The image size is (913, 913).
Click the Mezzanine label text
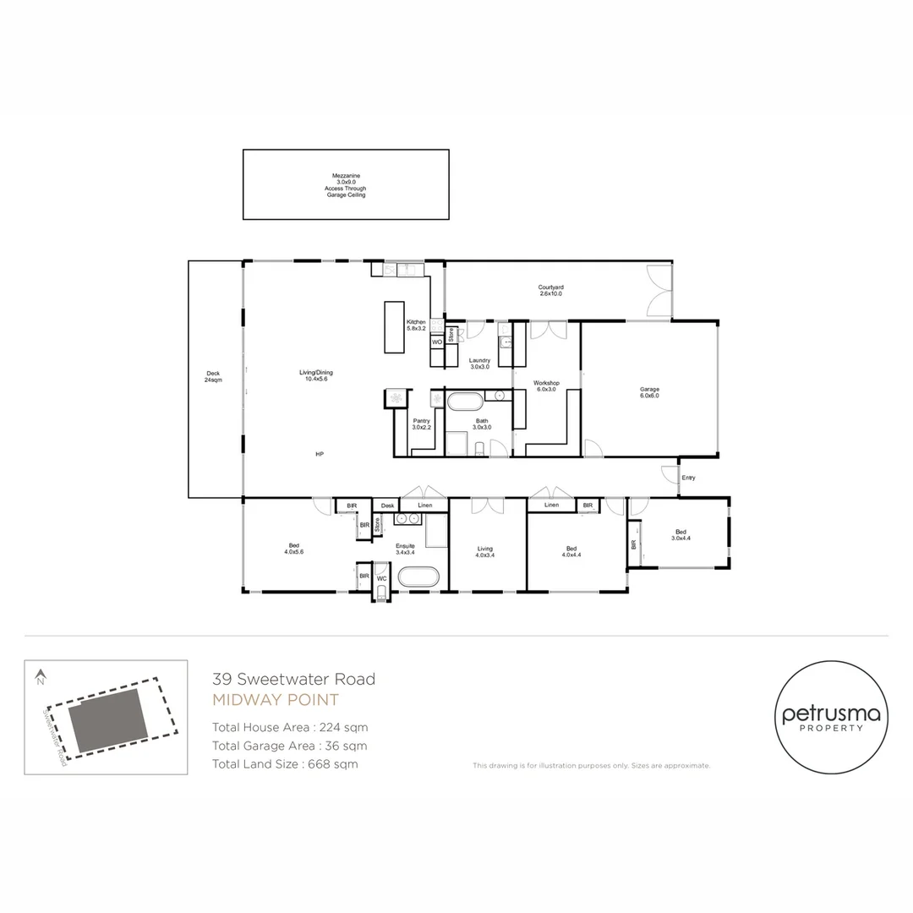(x=346, y=185)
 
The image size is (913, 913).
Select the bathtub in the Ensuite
(x=418, y=577)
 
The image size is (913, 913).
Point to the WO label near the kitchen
(x=437, y=342)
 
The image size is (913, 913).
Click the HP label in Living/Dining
(x=320, y=455)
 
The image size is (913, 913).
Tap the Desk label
(x=387, y=506)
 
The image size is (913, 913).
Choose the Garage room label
(x=648, y=392)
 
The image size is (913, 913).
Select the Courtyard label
(x=550, y=291)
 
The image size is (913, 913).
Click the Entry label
(x=688, y=478)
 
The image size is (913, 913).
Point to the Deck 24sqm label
(x=213, y=377)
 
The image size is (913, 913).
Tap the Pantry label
(x=422, y=424)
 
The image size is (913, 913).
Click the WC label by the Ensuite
(x=382, y=578)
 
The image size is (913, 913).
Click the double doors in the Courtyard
(x=659, y=290)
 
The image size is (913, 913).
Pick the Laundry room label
(x=479, y=364)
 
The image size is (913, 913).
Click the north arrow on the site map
(x=40, y=676)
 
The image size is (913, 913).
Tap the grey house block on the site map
(x=107, y=720)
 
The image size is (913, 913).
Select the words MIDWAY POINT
(x=275, y=700)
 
